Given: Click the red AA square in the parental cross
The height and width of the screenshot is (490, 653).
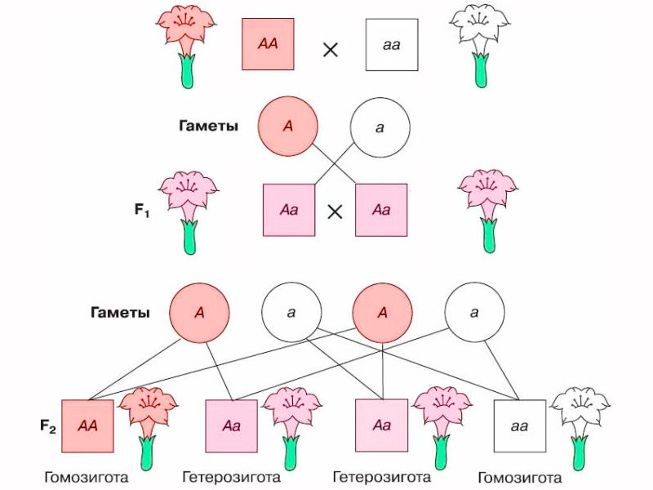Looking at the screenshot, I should tap(268, 43).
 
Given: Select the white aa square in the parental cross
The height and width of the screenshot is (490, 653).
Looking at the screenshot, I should tap(392, 43).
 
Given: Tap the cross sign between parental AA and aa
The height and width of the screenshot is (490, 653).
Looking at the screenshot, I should tap(331, 49).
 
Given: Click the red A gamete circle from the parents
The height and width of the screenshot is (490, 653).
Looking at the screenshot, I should tap(288, 127).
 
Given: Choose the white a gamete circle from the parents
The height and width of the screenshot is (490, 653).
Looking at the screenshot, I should tap(380, 127).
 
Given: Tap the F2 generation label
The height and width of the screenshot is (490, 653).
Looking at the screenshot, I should tap(48, 425).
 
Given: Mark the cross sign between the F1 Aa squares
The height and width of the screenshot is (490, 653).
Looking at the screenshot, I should tap(335, 212).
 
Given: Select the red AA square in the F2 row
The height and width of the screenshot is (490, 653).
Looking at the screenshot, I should tap(87, 425).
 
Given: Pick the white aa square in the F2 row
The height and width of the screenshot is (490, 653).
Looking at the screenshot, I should tap(519, 425).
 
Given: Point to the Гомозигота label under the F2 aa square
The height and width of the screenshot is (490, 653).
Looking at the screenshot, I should tap(519, 477).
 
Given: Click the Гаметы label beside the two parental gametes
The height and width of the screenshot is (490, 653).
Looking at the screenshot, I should tap(209, 126).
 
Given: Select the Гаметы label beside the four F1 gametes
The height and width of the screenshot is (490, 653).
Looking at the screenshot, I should tap(120, 313).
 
